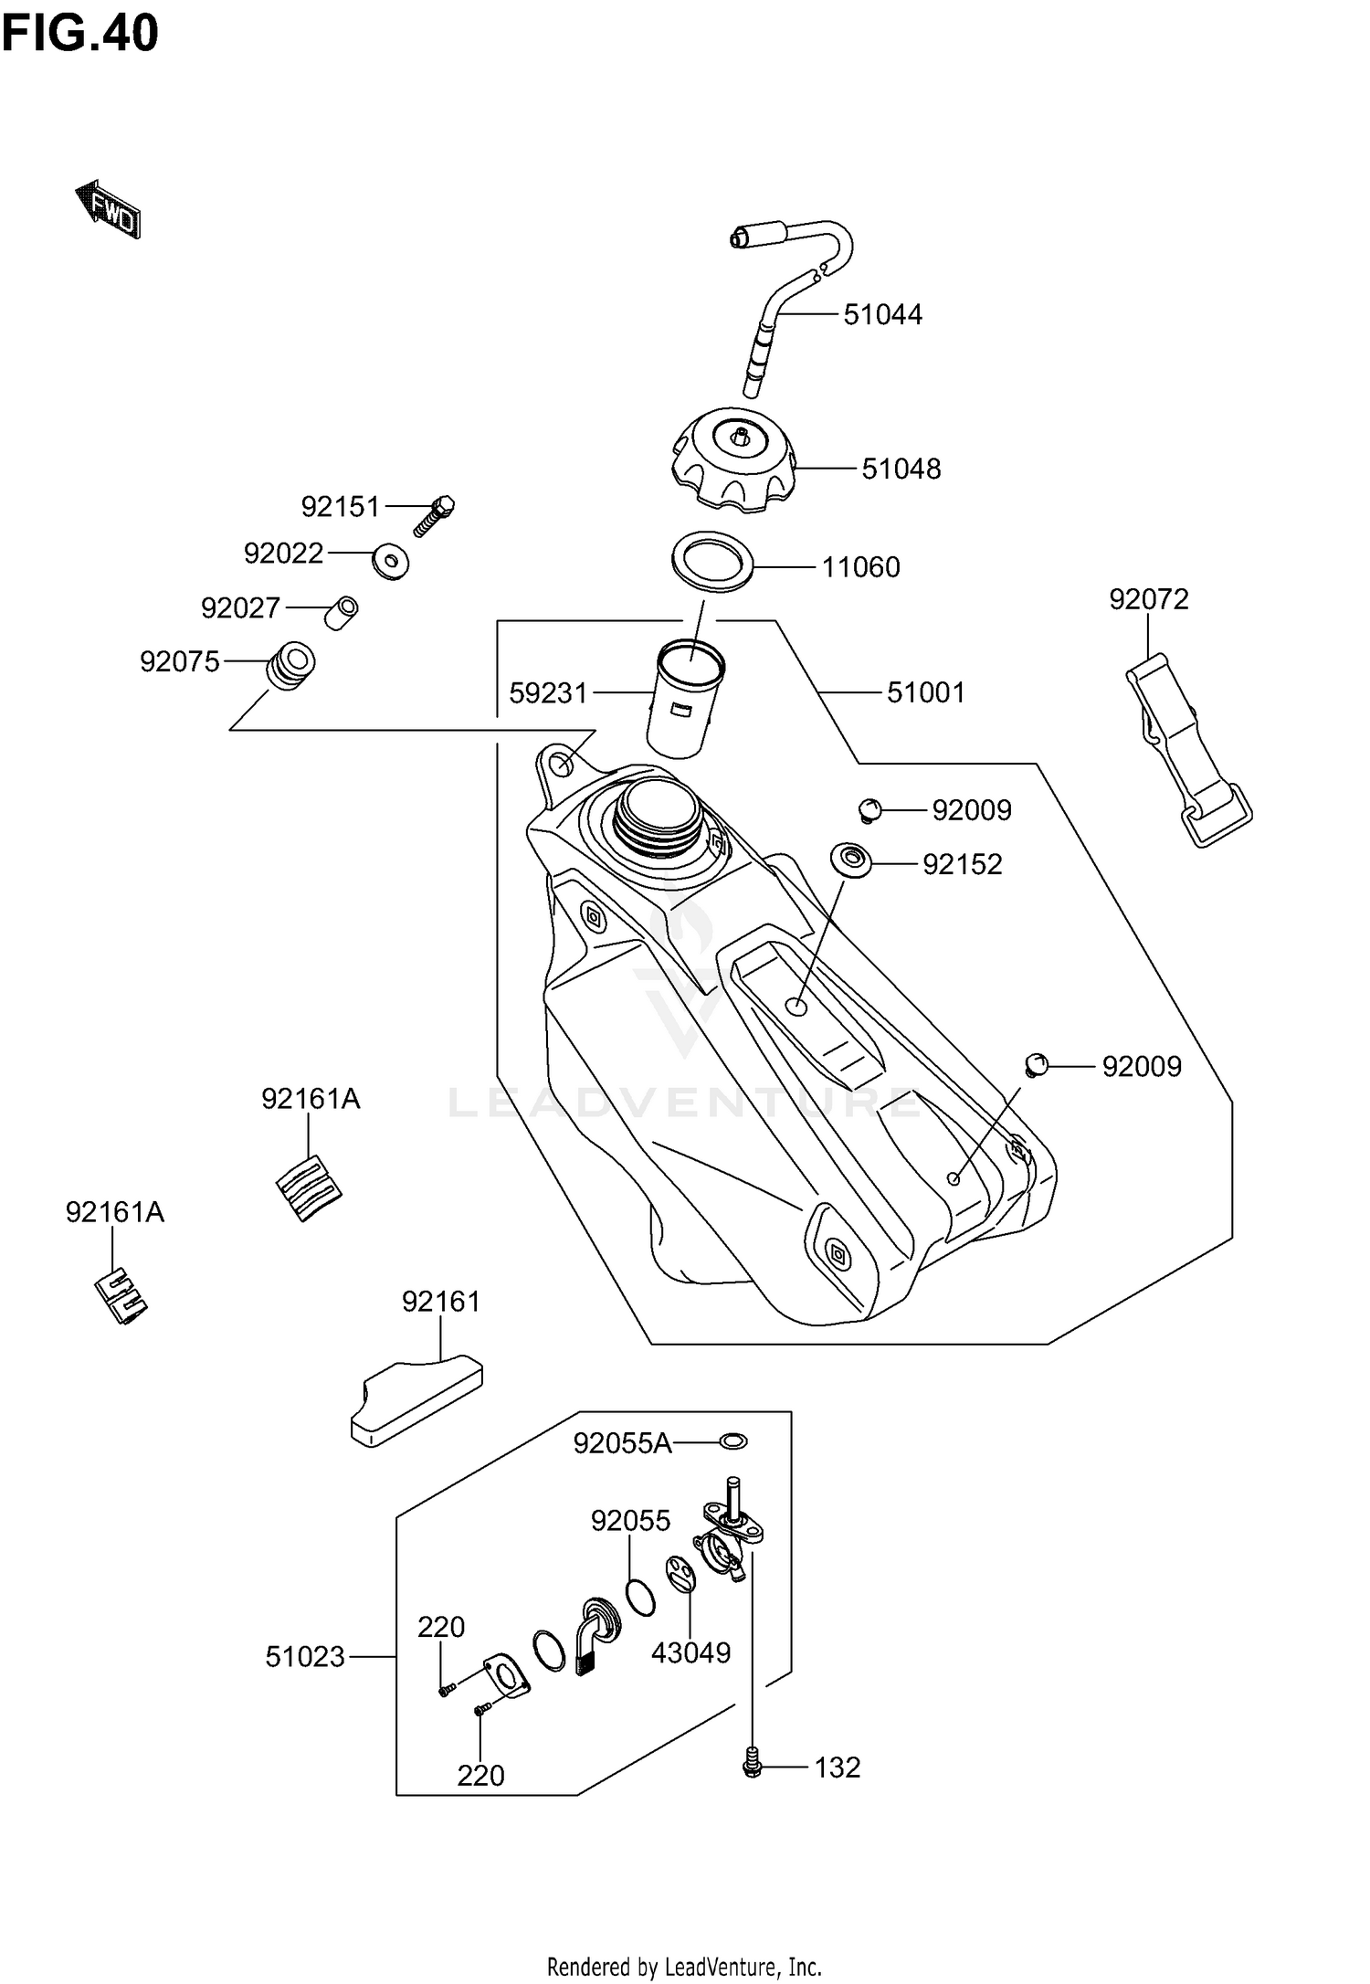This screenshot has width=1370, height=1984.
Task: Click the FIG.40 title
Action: click(x=80, y=34)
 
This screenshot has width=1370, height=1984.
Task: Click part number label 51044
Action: click(x=882, y=315)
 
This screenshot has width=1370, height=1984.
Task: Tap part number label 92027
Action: click(x=240, y=607)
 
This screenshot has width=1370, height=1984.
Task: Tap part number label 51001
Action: click(x=925, y=692)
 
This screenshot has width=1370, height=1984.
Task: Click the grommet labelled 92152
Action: click(x=849, y=860)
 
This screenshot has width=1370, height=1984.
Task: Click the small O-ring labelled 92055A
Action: click(x=732, y=1441)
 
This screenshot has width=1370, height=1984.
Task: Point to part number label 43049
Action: click(x=690, y=1652)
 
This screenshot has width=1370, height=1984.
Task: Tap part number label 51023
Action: click(x=305, y=1656)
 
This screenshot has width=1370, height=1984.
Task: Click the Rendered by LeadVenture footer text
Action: click(x=684, y=1966)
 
